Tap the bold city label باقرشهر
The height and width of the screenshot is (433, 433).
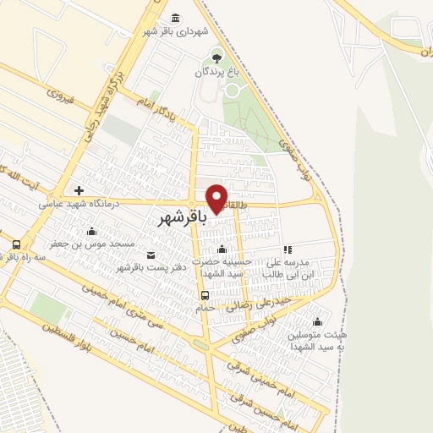182,217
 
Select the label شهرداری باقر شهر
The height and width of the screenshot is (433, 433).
175,32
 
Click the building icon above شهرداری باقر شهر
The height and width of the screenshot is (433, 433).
175,18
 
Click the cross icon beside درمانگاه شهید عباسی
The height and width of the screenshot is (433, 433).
79,190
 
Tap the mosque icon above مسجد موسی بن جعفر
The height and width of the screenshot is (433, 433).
90,230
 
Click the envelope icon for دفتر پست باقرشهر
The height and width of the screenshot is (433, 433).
151,255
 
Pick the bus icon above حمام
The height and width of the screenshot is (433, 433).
206,295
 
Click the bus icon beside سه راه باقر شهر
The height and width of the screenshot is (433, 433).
15,244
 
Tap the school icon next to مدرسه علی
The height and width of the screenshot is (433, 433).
288,250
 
